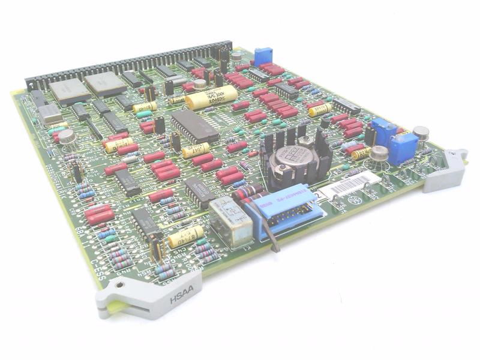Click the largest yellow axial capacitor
[211, 97]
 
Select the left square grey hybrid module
[70, 91]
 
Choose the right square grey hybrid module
[106, 83]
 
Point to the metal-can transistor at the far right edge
[421, 133]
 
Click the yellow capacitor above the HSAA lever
[185, 236]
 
